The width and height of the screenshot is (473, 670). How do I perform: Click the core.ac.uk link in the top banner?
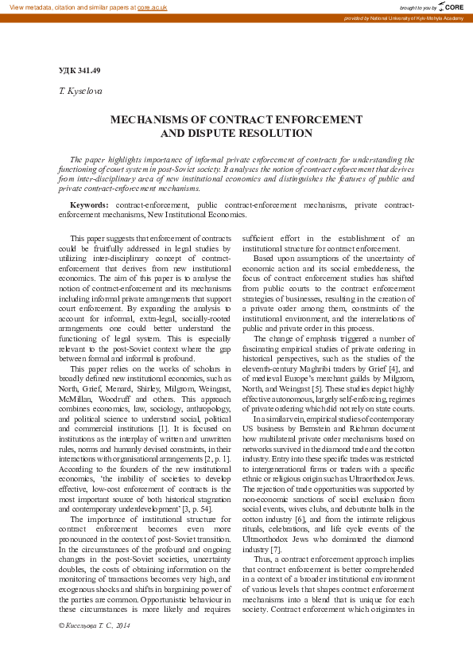point(152,6)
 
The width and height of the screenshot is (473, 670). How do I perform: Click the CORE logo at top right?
point(450,6)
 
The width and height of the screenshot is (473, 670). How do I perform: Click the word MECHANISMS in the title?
point(153,119)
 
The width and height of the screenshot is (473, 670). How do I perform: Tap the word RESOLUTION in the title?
point(272,133)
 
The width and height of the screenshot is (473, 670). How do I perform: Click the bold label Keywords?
point(89,205)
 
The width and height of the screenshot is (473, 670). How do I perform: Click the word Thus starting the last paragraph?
point(263,559)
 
